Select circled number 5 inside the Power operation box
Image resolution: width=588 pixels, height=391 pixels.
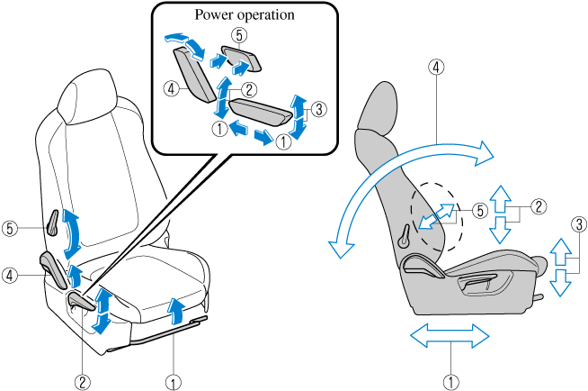coord(237,37)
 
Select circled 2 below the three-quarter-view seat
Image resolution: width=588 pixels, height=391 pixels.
coord(84,381)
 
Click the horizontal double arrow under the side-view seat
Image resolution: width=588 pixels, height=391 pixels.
coord(450,337)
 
